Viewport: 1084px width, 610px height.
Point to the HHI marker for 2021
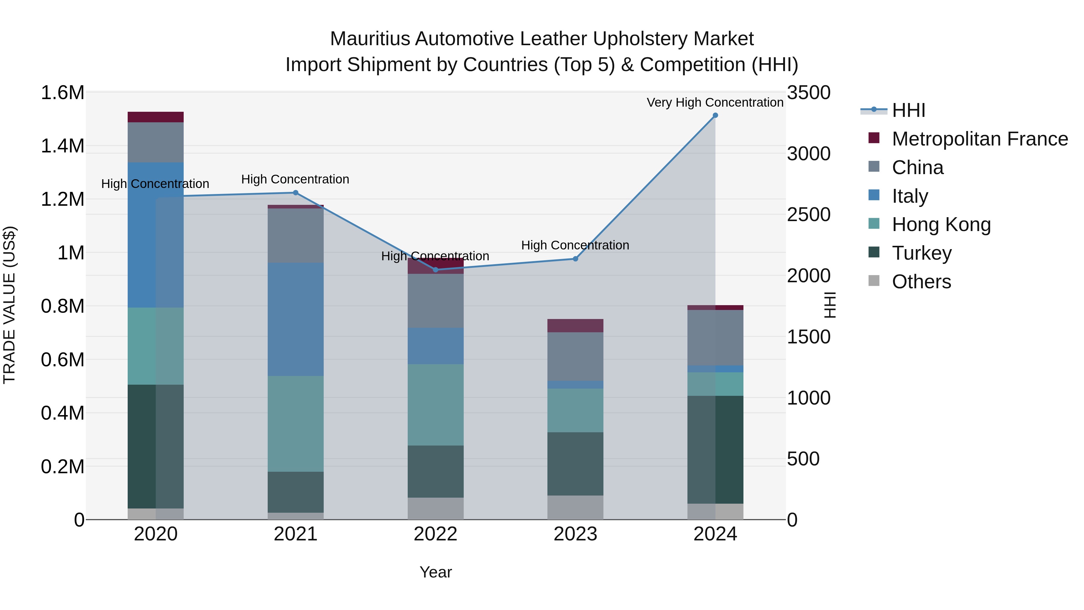click(295, 193)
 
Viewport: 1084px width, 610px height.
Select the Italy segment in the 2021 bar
click(295, 319)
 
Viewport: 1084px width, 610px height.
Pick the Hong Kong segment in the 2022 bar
click(435, 405)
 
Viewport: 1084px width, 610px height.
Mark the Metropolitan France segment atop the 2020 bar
click(155, 117)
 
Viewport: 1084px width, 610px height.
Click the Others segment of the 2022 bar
click(435, 508)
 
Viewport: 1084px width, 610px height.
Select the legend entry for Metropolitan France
click(980, 139)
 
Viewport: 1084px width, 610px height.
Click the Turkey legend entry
click(922, 253)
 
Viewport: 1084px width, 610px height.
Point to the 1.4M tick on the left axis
click(62, 146)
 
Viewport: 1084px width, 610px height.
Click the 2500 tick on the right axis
click(808, 215)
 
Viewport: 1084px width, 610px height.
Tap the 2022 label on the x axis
click(435, 534)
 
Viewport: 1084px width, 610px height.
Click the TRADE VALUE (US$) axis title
click(9, 305)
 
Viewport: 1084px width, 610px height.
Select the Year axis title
click(435, 572)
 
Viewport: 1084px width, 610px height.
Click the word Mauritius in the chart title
click(369, 39)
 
